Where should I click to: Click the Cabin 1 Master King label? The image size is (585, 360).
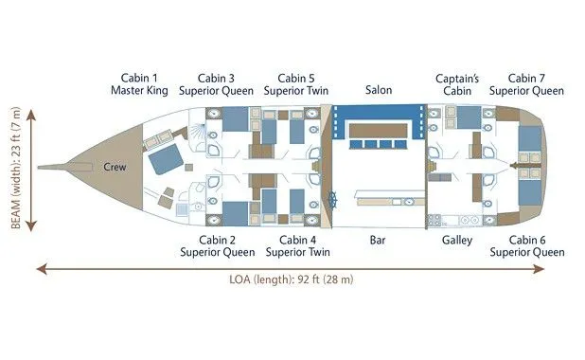coord(139,84)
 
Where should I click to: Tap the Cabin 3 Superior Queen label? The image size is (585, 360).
coord(216,84)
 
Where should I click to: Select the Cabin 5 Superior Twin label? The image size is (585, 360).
coord(296,84)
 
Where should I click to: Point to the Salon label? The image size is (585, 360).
coord(379,90)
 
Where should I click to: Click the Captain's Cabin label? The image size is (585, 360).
coord(457,84)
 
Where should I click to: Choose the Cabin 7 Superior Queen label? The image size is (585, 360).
coord(526,84)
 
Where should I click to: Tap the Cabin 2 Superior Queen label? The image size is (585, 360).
coord(217,246)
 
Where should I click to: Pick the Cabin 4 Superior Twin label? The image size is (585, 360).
coord(298,246)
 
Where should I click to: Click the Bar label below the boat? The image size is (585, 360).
coord(378,240)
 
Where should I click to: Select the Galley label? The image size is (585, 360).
coord(457,240)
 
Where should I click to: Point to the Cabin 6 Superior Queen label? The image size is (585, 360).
coord(527,246)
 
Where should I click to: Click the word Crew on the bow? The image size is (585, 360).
coord(115,167)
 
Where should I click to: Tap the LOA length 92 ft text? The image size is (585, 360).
coord(291,279)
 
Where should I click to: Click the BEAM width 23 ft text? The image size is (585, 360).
coord(16,168)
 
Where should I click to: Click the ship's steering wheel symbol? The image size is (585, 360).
coord(332,200)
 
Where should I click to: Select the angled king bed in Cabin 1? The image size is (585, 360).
coord(166,159)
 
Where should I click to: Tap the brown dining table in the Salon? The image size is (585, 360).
coord(378,131)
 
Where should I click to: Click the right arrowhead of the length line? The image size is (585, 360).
coord(540,269)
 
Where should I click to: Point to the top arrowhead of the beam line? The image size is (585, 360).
coord(31,114)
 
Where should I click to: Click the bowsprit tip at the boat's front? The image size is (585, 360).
coord(38,167)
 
